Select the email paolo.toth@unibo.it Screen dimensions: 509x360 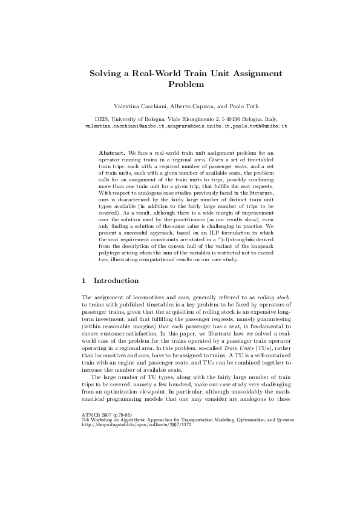point(260,126)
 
